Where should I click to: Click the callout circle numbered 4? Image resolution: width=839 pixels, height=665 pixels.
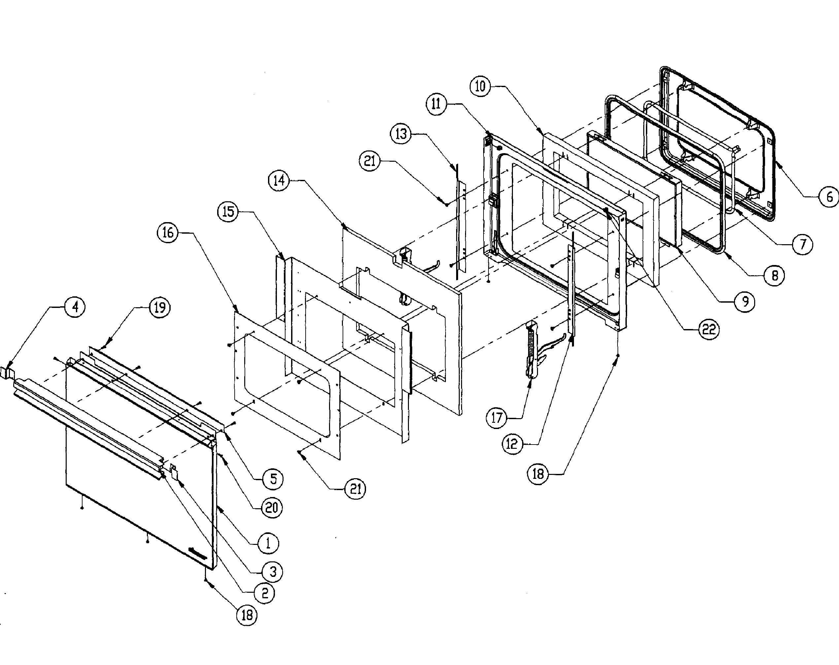point(75,307)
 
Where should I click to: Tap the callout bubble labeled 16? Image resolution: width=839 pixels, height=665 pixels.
point(168,233)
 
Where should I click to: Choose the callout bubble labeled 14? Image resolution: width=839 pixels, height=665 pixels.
point(279,181)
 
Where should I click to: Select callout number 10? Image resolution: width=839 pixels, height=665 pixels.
point(480,86)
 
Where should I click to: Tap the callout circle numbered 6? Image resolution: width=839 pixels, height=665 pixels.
point(829,197)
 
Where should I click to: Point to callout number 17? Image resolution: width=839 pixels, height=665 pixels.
point(496,418)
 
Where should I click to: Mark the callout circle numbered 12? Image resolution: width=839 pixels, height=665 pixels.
point(512,444)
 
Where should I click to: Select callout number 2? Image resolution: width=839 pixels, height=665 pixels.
point(265,593)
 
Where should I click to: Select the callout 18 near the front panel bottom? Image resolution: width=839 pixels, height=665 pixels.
point(247,615)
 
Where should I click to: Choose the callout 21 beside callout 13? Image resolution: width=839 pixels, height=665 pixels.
point(370,160)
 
